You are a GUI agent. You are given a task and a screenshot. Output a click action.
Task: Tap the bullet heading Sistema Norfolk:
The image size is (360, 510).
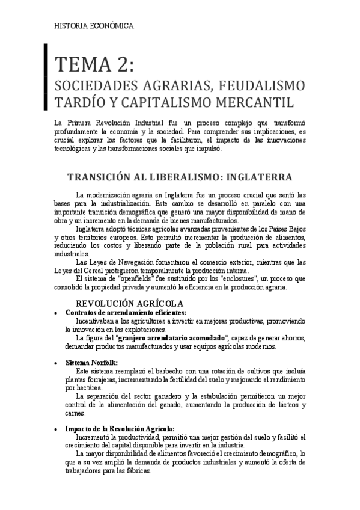coord(91,363)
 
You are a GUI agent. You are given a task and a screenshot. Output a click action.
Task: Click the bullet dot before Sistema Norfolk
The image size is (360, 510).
coord(56,363)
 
